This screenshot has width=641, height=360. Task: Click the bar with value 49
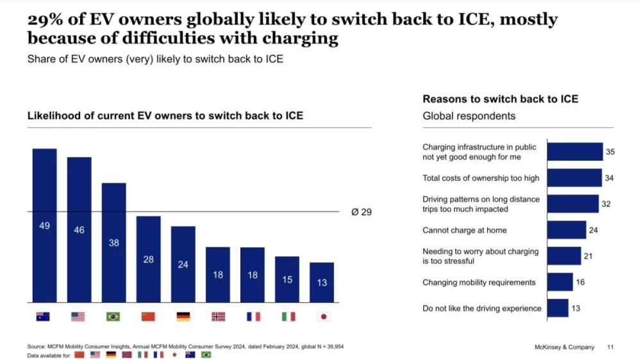point(44,225)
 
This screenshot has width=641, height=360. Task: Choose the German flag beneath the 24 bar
point(183,316)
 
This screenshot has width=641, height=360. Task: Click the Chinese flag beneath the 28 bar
point(148,316)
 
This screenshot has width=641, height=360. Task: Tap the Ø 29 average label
point(362,212)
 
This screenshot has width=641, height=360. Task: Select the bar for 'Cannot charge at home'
point(567,230)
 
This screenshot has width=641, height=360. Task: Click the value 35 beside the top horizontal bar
point(610,152)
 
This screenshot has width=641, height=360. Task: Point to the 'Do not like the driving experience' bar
point(558,308)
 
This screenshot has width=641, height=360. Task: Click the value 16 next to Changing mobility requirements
point(581,282)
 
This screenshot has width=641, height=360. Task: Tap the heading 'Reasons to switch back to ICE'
point(500,99)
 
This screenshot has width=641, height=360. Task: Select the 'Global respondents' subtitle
point(469,116)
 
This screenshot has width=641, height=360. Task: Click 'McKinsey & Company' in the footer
point(564,347)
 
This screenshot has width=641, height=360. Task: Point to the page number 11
point(610,347)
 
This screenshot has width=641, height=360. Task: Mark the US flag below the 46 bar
point(79,316)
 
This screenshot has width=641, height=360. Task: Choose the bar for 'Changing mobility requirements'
point(560,282)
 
